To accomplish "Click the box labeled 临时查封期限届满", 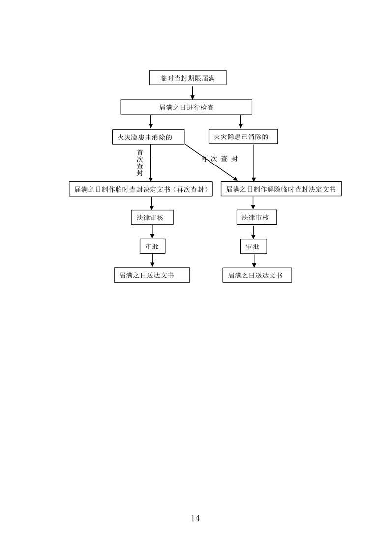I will click(x=188, y=78).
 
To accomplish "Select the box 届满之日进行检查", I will click(x=186, y=107).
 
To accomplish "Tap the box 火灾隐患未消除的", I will click(x=148, y=137).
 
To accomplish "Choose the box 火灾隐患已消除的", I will click(x=243, y=137).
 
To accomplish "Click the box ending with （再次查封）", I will click(x=141, y=189).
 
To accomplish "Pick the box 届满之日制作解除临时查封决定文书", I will click(x=281, y=189).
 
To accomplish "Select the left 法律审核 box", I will click(x=152, y=218).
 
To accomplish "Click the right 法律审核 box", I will click(x=256, y=218).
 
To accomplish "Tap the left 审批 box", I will click(x=152, y=247).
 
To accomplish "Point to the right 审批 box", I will click(x=253, y=247).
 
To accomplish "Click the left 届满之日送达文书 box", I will click(x=151, y=275).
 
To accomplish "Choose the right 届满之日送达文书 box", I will click(x=257, y=275).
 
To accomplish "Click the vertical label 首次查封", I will click(x=140, y=163).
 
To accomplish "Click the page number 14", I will click(x=195, y=518).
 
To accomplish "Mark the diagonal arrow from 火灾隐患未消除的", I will click(x=210, y=161).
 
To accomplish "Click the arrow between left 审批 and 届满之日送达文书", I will click(x=151, y=261).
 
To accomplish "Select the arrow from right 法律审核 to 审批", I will click(x=253, y=232).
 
